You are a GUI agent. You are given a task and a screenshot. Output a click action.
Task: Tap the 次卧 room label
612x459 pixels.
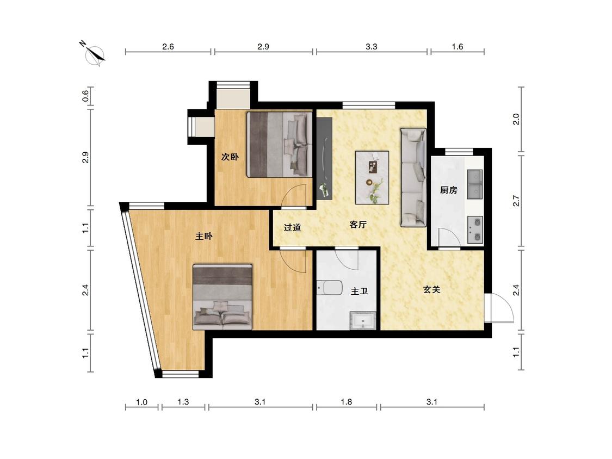230,157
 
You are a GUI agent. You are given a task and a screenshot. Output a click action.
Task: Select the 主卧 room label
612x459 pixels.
204,236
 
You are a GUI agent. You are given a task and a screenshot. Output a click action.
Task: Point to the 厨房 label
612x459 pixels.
448,190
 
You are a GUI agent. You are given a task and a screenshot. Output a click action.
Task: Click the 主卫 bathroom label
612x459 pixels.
359,291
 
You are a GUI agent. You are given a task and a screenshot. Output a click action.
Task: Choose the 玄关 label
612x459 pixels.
432,289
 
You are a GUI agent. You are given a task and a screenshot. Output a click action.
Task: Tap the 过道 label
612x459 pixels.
292,227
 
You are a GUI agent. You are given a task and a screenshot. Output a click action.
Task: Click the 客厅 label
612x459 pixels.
358,225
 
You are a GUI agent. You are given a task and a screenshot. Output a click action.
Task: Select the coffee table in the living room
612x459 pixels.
372,178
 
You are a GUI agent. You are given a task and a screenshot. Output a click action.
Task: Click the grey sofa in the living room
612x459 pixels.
413,177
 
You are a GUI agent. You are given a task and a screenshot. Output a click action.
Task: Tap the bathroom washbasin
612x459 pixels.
363,321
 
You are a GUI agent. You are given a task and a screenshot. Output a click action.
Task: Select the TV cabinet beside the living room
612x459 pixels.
324,159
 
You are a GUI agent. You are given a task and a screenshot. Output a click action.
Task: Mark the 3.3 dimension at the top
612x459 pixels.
372,47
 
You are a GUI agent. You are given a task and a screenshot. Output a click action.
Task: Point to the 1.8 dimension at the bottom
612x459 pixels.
346,402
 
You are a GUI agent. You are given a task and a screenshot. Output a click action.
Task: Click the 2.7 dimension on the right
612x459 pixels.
516,201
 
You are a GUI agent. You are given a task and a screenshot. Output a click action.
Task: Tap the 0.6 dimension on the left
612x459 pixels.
86,96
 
